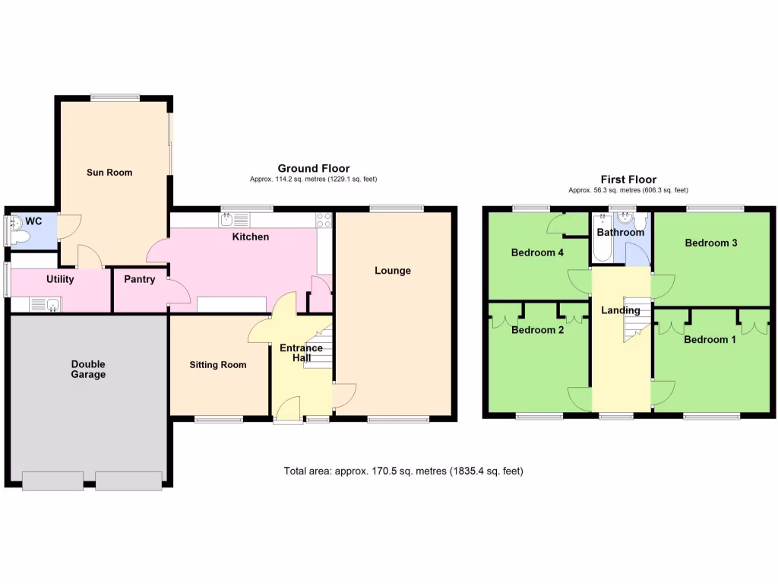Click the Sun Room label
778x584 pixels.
point(109,173)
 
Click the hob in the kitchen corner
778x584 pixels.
point(324,221)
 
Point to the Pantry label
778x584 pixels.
point(140,279)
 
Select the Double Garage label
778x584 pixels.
point(88,369)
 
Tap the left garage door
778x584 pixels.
point(52,481)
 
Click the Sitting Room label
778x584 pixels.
point(218,365)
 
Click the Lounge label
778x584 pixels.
point(393,271)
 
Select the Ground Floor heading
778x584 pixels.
point(313,168)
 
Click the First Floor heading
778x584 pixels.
point(628,179)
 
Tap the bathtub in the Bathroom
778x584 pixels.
point(602,242)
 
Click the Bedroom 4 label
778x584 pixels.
point(537,252)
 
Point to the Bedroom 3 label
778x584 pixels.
point(711,243)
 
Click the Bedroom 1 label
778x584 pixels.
point(710,340)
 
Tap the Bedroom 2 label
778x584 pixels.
point(537,330)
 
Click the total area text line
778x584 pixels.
point(403,471)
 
